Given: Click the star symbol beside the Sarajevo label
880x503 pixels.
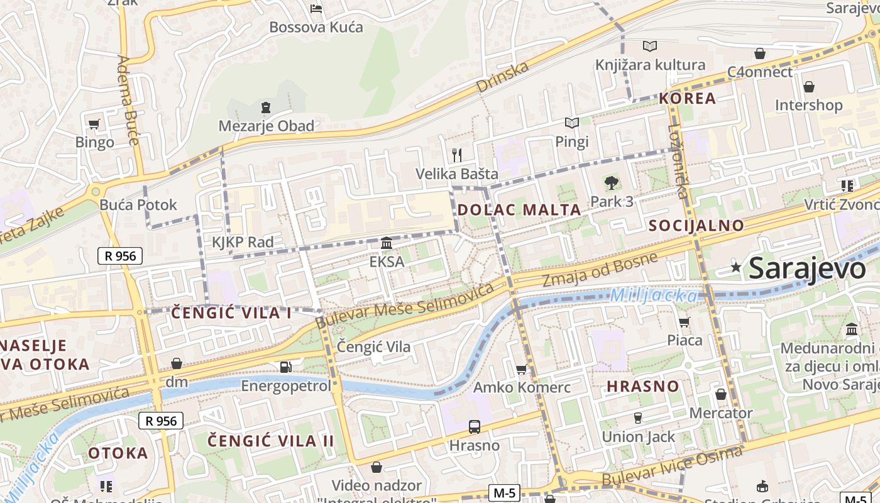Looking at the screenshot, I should point(736,267).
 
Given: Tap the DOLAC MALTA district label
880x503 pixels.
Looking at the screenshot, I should point(519,210).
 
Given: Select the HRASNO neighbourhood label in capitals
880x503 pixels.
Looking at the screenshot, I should point(643,386).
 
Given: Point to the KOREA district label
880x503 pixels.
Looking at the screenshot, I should point(687,98).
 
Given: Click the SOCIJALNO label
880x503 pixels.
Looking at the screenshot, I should point(696,225).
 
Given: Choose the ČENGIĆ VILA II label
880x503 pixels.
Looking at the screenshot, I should point(271,440).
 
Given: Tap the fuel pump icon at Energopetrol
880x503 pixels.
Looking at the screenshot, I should point(285,367).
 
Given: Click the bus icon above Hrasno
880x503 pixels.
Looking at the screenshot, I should point(475,427).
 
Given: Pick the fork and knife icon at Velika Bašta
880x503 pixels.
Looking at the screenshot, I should point(457,155).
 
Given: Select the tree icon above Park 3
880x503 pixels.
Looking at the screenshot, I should point(611,183).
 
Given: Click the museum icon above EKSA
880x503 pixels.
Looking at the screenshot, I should point(387,243).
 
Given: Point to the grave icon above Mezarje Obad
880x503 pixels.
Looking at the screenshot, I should point(266,108).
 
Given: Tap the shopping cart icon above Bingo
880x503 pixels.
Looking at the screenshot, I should point(94,124).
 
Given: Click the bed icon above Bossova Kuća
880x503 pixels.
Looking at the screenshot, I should point(316,9).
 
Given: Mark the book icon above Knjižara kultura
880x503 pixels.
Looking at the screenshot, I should point(649,46).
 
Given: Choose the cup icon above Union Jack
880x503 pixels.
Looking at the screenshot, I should point(638,418).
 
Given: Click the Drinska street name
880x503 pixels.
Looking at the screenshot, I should point(502,77).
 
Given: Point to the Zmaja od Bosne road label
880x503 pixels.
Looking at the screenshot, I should point(600,269).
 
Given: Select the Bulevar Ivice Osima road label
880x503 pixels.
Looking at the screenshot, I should point(672,466).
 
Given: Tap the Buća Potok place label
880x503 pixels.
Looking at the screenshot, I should point(138,204).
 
